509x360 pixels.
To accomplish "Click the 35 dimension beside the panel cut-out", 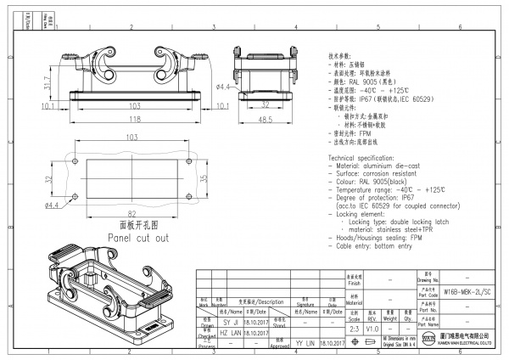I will pyautogui.click(x=202, y=180).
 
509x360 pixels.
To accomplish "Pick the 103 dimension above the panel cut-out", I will pyautogui.click(x=131, y=137).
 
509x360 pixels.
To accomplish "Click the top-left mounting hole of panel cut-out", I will pyautogui.click(x=75, y=161).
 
